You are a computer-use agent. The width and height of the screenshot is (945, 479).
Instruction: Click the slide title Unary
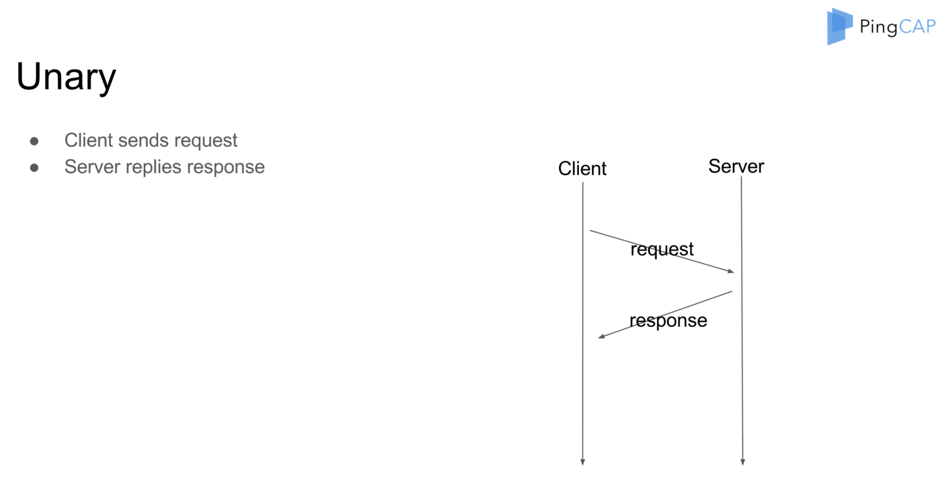[x=66, y=78]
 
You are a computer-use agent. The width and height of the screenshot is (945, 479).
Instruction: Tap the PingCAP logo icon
[x=839, y=26]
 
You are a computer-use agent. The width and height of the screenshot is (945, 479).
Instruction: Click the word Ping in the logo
[x=879, y=27]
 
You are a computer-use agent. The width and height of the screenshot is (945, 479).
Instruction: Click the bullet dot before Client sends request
[x=34, y=141]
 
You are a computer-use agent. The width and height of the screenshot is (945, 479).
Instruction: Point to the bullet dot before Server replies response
[x=34, y=167]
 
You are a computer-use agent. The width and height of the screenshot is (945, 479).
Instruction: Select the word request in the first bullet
[x=205, y=141]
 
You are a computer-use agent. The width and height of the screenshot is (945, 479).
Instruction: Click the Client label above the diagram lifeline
[x=582, y=168]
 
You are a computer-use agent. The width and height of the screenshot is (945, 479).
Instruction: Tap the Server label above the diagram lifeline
[x=736, y=166]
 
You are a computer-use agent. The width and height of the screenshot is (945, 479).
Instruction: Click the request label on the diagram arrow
[x=662, y=249]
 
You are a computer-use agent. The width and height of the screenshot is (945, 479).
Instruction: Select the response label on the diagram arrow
[x=668, y=321]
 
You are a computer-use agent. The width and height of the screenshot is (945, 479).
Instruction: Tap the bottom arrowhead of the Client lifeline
[x=582, y=462]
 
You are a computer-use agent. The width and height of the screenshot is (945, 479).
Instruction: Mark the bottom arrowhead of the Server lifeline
[x=743, y=462]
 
